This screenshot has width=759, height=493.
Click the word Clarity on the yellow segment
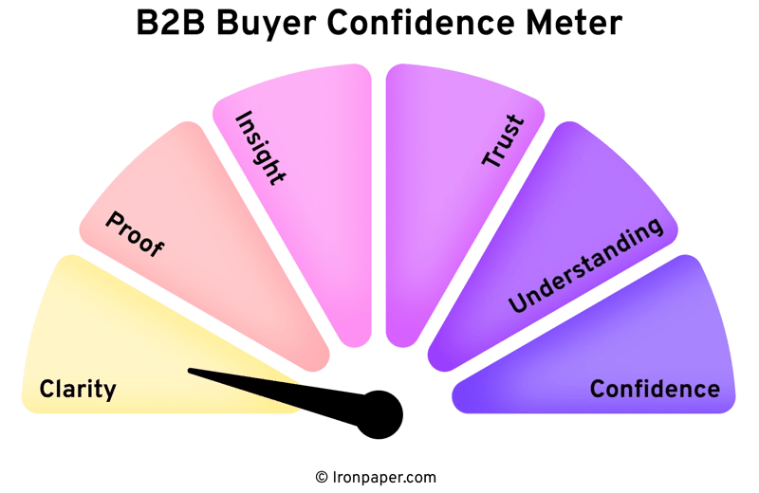coord(77,389)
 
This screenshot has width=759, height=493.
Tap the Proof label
coord(134,233)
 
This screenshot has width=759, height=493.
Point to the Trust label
coord(503,141)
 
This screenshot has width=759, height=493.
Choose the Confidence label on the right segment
coord(655,389)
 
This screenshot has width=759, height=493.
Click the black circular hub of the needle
coord(379,413)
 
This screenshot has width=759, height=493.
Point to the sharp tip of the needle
coord(191,371)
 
